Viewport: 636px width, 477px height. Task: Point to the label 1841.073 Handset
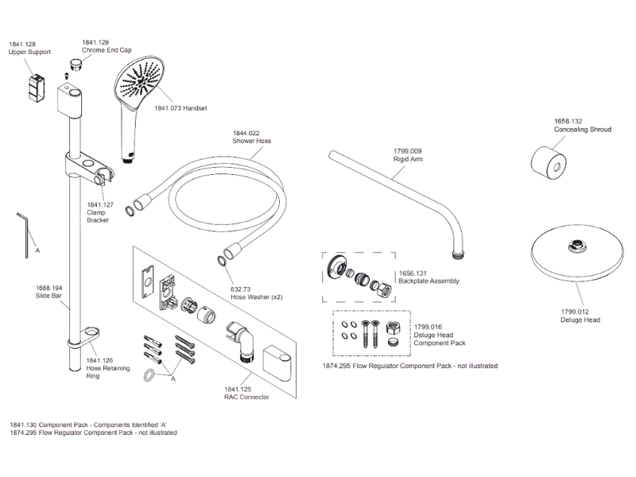tap(180, 108)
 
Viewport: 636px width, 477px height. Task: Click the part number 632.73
tap(241, 289)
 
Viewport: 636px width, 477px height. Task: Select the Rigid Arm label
tap(408, 158)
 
